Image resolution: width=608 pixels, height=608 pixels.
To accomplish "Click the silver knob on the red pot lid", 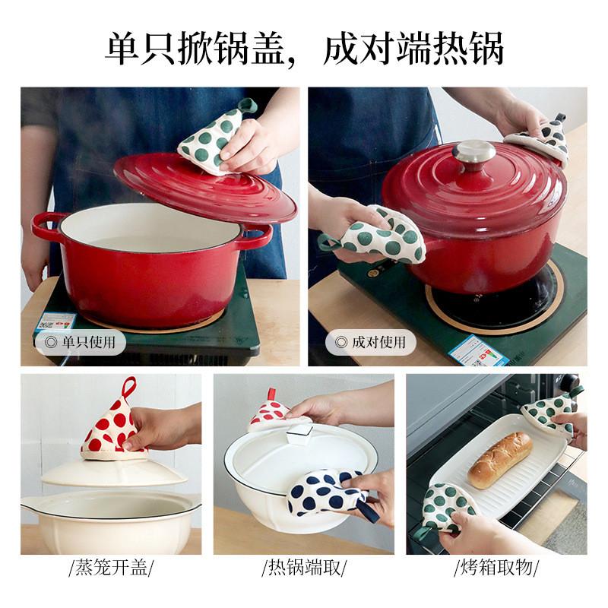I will pos(473,152).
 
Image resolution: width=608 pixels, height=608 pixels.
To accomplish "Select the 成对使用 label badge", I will pos(371,342).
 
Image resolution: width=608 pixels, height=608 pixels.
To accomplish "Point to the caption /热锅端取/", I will pos(304,567).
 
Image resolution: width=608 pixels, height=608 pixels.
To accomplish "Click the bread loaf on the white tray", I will pos(499,459).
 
